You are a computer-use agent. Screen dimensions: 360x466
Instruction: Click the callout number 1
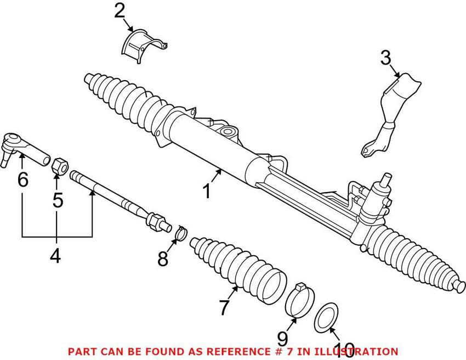[x=207, y=192]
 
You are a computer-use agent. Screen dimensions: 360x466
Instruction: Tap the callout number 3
[x=385, y=58]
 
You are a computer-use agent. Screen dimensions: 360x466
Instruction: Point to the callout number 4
[x=55, y=256]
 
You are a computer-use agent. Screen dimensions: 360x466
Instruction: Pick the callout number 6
[x=22, y=179]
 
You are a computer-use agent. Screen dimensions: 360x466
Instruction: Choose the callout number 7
[x=223, y=308]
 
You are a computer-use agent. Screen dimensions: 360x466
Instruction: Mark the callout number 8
[x=162, y=259]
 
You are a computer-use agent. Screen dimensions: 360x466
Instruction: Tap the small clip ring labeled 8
[x=178, y=233]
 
